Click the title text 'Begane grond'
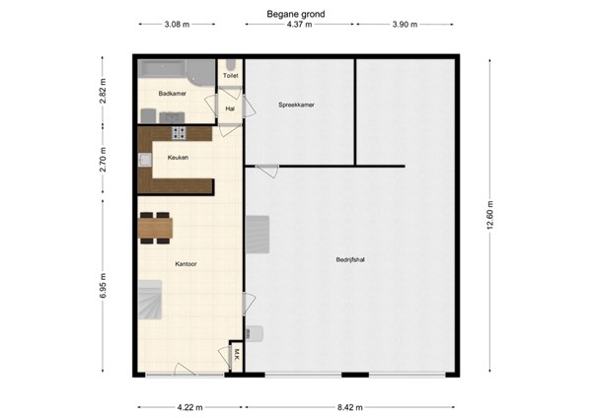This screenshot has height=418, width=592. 295,14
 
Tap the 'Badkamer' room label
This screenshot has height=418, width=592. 172,94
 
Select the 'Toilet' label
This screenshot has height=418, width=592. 230,75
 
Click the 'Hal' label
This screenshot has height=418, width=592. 230,108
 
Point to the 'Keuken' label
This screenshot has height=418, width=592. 178,157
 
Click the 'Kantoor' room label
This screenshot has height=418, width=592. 185,264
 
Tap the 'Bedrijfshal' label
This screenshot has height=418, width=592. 350,259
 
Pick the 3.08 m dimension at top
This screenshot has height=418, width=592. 176,25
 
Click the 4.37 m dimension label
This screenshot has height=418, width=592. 299,25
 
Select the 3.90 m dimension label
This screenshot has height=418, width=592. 405,25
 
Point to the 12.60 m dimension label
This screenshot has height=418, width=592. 488,214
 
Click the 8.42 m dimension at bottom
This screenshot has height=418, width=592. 350,406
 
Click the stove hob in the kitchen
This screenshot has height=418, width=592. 180,133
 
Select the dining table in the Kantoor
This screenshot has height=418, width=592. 156,228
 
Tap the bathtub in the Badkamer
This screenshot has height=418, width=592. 169,72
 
